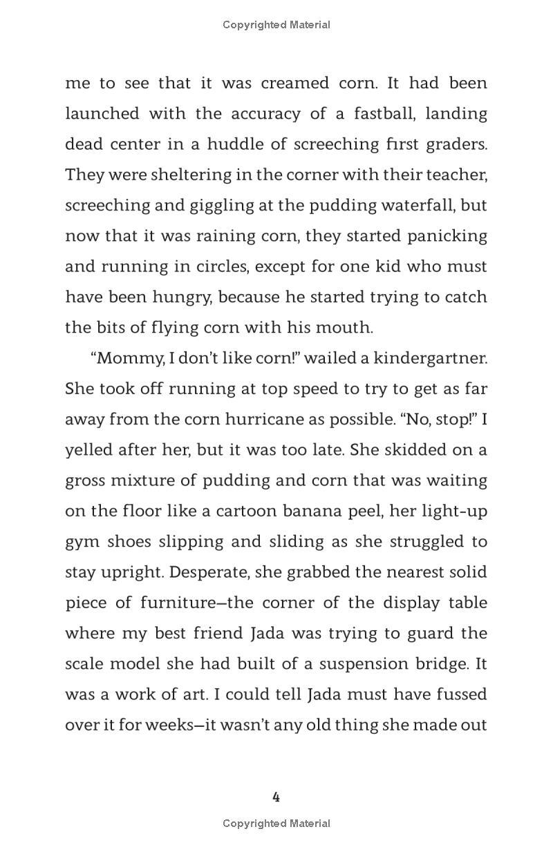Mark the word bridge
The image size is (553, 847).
tap(443, 663)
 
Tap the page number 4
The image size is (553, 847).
tap(276, 797)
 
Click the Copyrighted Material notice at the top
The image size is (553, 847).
tap(276, 25)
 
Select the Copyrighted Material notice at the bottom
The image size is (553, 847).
tap(276, 823)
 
